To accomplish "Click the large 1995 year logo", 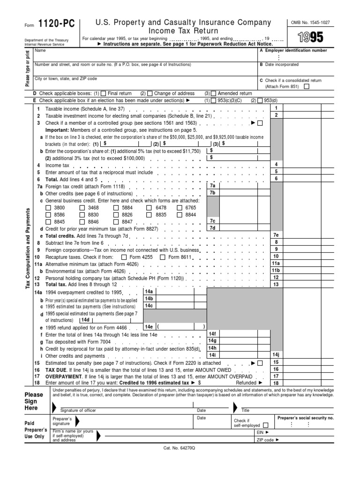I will coord(310,37).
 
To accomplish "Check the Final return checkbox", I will coord(104,93).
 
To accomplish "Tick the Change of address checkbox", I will coord(150,93).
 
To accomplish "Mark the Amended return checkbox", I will coord(214,93).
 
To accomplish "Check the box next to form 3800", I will coord(49,208).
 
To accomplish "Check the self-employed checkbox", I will coord(266,426).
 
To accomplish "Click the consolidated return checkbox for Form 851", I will coord(307,86).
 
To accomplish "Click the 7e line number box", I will coord(276,235).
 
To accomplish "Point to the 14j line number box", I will coord(276,355).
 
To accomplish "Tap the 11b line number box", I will coord(276,270).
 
